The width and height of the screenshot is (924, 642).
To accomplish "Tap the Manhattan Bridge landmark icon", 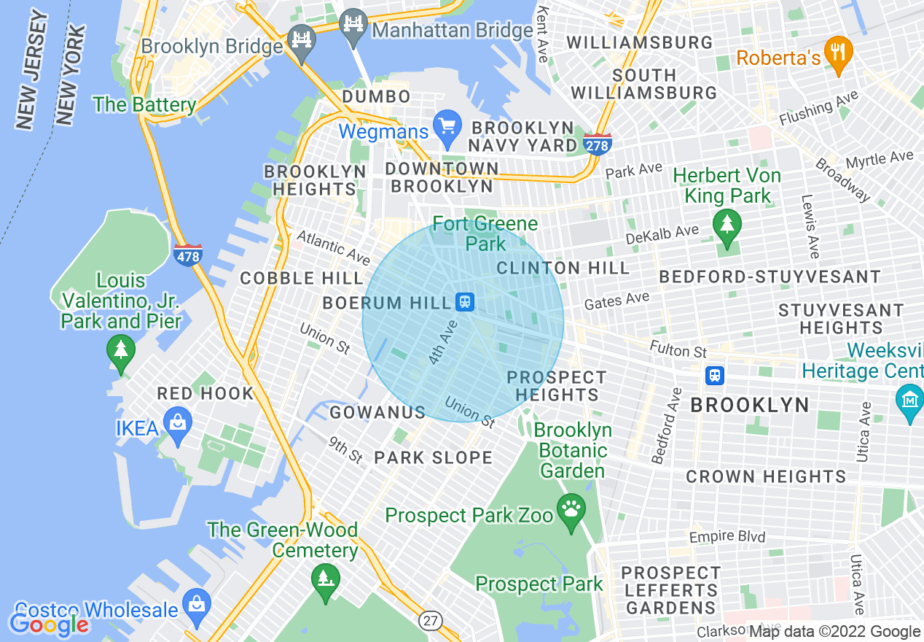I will point(354,23).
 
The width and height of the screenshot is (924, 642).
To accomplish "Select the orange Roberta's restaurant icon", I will point(839,53).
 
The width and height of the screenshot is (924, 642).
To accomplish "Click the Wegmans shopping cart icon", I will point(446,127).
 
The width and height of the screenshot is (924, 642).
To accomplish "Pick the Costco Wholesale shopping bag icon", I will point(196,604).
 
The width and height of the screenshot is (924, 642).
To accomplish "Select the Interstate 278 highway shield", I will point(597,143).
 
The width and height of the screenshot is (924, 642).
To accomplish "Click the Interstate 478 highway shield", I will point(187,255).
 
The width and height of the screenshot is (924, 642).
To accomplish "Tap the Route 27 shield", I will point(430,620).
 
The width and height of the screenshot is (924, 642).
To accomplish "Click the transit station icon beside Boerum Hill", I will point(464,301).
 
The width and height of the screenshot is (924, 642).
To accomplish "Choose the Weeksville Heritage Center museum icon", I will point(910,401).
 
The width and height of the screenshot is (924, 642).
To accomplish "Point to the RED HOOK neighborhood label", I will point(205,394).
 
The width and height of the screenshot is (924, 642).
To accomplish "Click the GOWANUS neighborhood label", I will point(377,413).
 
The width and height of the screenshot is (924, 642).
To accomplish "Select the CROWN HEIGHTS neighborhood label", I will point(766,477).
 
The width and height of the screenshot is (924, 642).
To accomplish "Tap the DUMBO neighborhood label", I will point(376,97).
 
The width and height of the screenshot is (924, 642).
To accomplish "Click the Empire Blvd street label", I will point(727,537).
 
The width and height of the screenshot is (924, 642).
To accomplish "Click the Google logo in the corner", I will point(48,624).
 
